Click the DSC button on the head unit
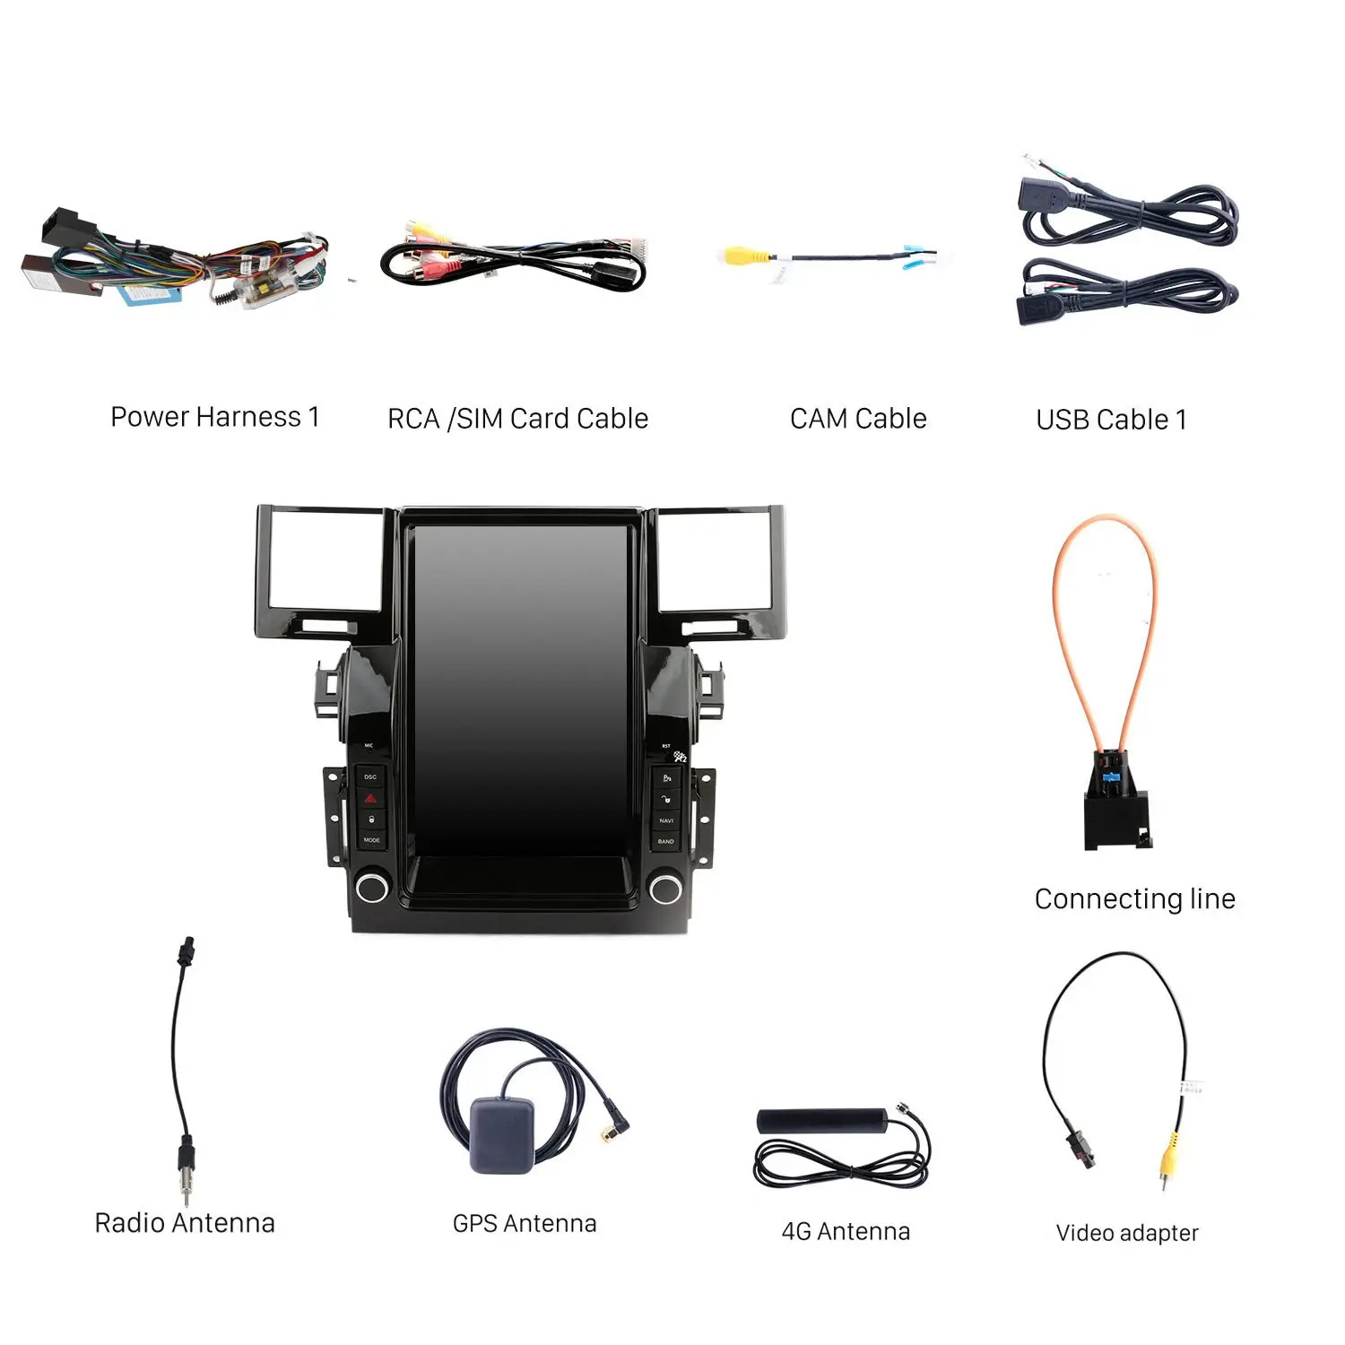[x=370, y=777]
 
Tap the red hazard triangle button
[x=370, y=798]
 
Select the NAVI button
[x=666, y=820]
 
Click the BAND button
[x=666, y=841]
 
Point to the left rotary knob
[x=371, y=888]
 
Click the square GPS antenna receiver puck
[x=501, y=1133]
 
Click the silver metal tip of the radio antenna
[x=186, y=1191]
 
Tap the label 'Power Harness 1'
[x=215, y=417]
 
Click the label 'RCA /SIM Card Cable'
[x=517, y=419]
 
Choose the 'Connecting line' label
[x=1134, y=898]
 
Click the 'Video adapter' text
[x=1127, y=1233]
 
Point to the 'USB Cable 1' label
[x=1111, y=420]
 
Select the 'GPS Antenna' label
[x=525, y=1224]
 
